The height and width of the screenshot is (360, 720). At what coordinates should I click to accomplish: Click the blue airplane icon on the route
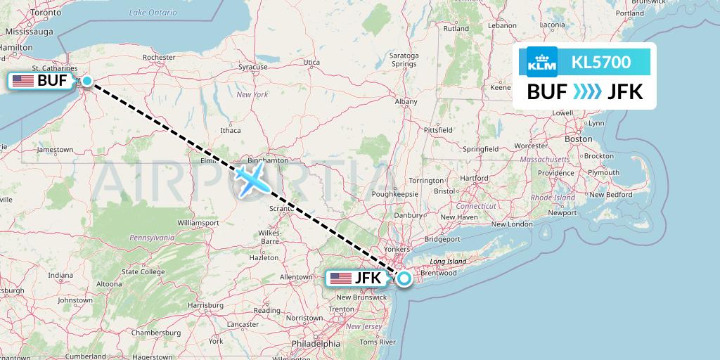pyautogui.click(x=251, y=179)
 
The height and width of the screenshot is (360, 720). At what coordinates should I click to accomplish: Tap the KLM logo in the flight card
pyautogui.click(x=541, y=63)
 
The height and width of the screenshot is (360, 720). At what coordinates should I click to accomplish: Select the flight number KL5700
pyautogui.click(x=600, y=63)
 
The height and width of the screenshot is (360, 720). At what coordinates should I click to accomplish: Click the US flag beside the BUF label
pyautogui.click(x=23, y=81)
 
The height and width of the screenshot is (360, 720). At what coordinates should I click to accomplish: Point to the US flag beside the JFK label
pyautogui.click(x=341, y=278)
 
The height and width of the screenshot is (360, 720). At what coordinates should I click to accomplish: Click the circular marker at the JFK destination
pyautogui.click(x=405, y=278)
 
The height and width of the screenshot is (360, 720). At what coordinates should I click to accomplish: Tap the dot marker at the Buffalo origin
pyautogui.click(x=87, y=81)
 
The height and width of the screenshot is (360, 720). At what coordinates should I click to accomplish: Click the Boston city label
pyautogui.click(x=579, y=139)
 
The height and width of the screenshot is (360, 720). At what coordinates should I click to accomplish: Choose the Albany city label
pyautogui.click(x=406, y=102)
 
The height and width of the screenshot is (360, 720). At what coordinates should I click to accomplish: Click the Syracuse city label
pyautogui.click(x=252, y=67)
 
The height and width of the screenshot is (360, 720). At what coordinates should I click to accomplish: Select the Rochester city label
pyautogui.click(x=158, y=57)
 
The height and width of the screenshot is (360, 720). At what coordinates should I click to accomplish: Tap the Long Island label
pyautogui.click(x=448, y=261)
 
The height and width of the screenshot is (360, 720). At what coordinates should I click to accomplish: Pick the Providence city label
pyautogui.click(x=556, y=173)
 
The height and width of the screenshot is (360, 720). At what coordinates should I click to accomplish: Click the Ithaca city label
pyautogui.click(x=230, y=130)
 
